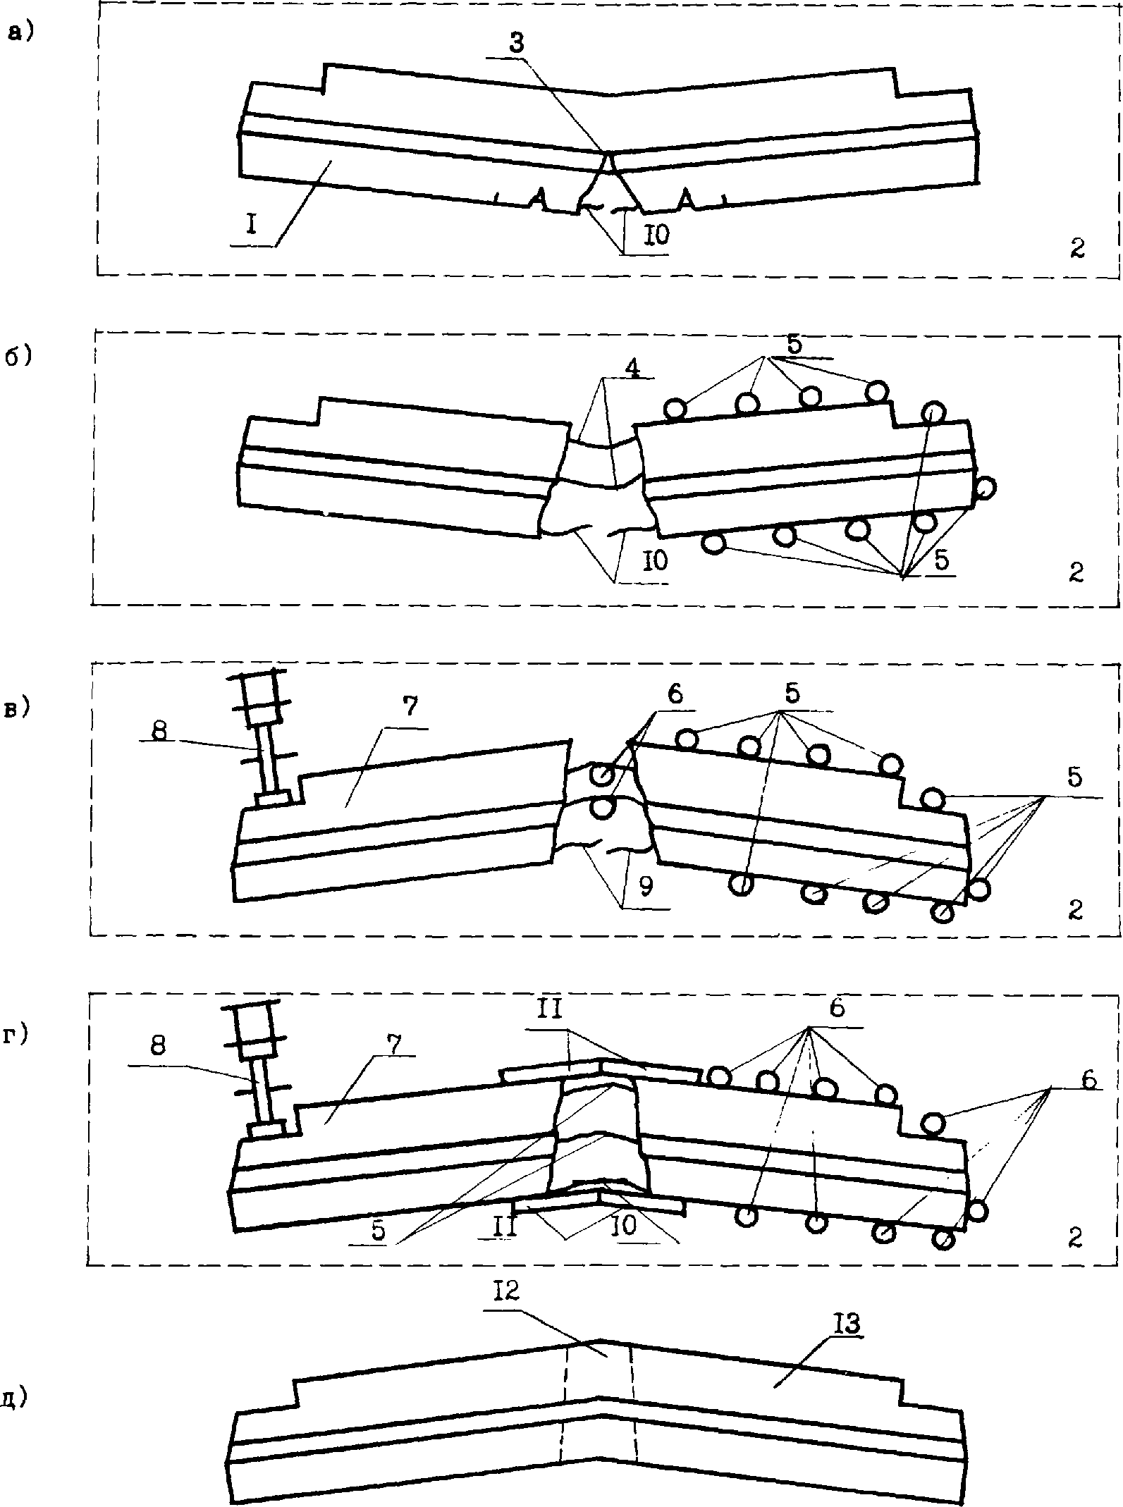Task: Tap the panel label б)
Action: (20, 357)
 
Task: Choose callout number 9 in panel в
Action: (644, 886)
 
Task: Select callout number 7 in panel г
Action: (395, 1045)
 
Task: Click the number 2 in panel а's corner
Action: (1076, 249)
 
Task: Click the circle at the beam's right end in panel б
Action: (986, 486)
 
